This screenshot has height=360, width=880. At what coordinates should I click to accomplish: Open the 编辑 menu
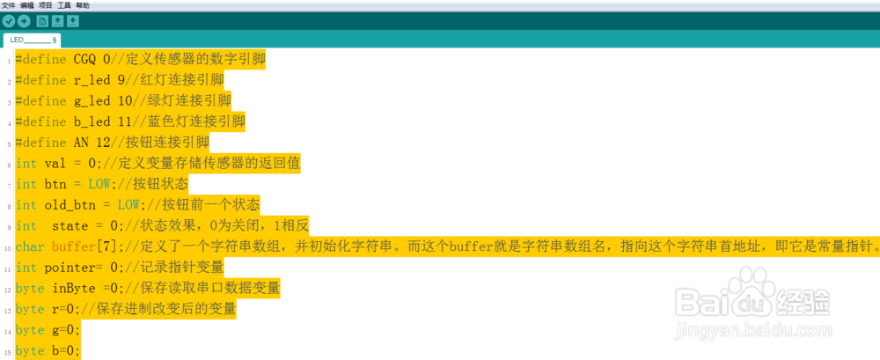point(27,5)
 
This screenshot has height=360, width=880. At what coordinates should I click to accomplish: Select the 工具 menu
point(64,5)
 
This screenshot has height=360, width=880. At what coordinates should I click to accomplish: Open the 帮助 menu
point(83,5)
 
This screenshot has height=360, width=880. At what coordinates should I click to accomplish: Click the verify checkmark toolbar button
point(9,21)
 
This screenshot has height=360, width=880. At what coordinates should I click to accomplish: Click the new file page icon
point(42,21)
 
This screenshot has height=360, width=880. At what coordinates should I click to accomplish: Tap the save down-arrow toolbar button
point(73,21)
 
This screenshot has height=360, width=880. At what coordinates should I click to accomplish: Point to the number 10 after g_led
point(125,100)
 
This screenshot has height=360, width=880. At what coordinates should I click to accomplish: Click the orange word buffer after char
point(73,246)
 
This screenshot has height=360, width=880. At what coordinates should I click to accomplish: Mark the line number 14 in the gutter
point(9,331)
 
